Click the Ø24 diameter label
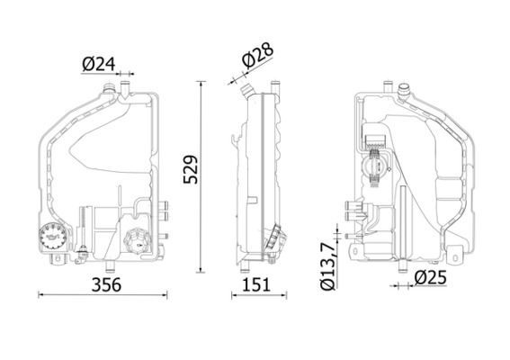[99, 64]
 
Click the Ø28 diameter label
[258, 56]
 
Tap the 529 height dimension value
[191, 169]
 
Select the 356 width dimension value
[106, 284]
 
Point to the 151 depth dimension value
[256, 284]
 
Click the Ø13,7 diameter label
[327, 265]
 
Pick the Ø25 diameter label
[431, 277]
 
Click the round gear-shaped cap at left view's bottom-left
[53, 237]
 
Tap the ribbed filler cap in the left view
[138, 241]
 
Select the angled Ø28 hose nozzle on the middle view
[246, 90]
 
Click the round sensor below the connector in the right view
[377, 167]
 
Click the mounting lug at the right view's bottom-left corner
[355, 251]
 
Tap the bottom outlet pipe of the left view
[110, 265]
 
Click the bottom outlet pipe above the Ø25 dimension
[403, 266]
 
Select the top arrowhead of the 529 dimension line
[201, 84]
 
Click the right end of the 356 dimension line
[167, 295]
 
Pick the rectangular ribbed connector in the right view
[376, 140]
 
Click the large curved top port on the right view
[404, 92]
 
